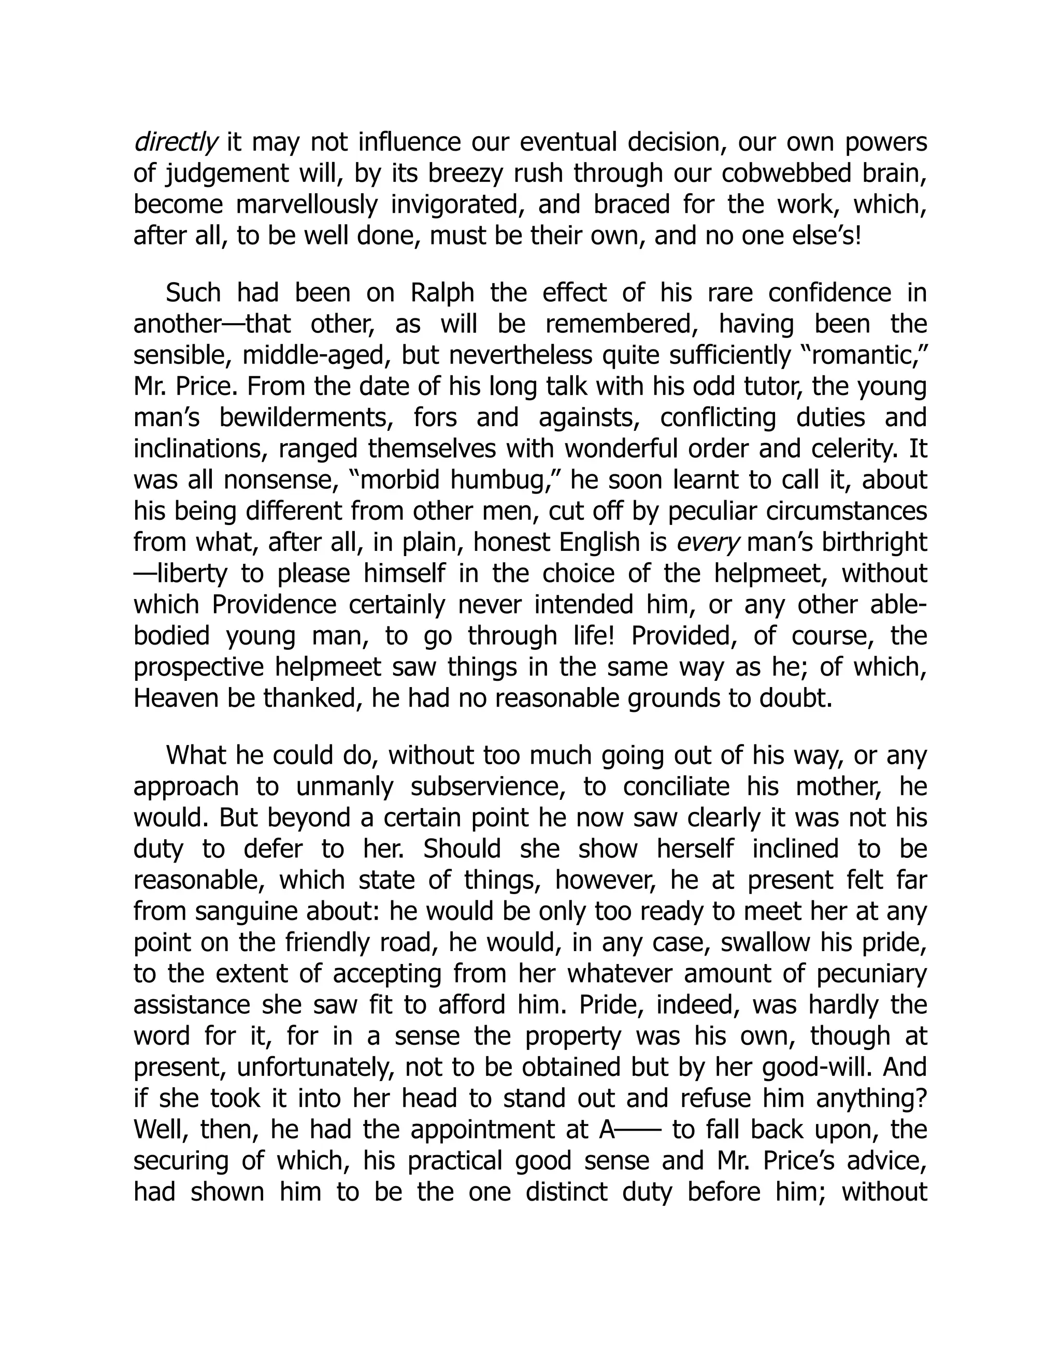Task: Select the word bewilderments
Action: coord(312,418)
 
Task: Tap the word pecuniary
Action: coord(872,974)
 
